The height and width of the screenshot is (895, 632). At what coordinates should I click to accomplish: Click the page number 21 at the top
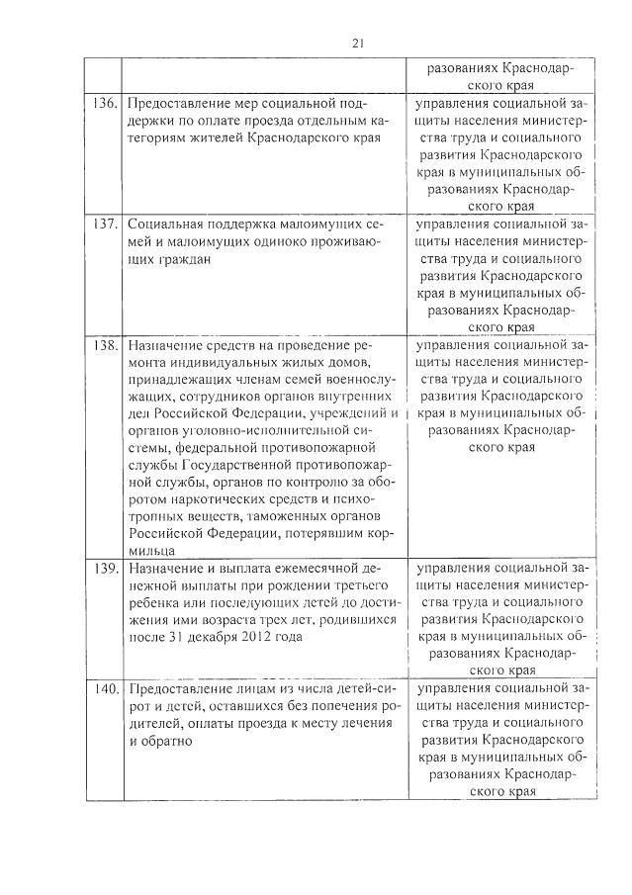click(357, 41)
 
